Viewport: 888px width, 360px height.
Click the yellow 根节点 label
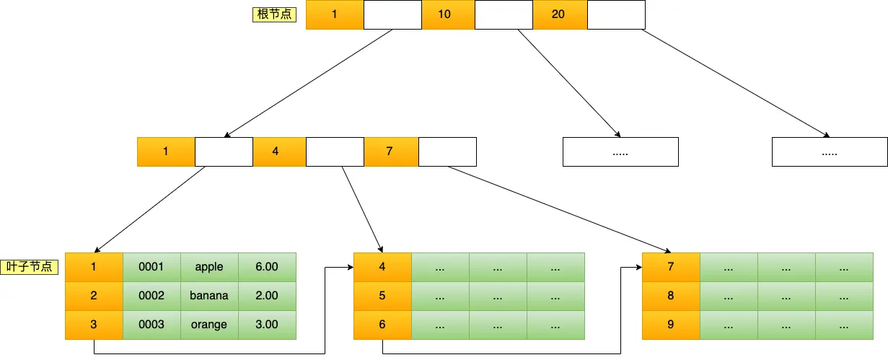pyautogui.click(x=274, y=14)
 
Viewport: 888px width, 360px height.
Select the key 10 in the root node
pyautogui.click(x=444, y=14)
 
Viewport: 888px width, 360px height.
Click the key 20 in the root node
pyautogui.click(x=558, y=14)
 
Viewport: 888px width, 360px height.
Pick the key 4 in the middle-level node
pyautogui.click(x=276, y=152)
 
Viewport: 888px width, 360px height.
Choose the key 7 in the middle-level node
pyautogui.click(x=390, y=152)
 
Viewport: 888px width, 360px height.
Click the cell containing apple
pyautogui.click(x=209, y=267)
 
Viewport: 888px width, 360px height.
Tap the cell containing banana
pyautogui.click(x=209, y=296)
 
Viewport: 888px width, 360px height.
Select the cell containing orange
pyautogui.click(x=209, y=325)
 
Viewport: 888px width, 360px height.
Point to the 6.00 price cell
pyautogui.click(x=267, y=267)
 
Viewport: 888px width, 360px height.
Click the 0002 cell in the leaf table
pyautogui.click(x=151, y=296)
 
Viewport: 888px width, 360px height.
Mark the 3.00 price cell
pyautogui.click(x=267, y=325)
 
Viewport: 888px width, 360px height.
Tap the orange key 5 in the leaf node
pyautogui.click(x=382, y=296)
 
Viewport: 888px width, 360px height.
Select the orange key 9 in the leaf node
pyautogui.click(x=671, y=325)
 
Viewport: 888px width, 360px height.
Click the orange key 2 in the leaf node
pyautogui.click(x=94, y=296)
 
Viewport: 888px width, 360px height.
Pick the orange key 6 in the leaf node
pyautogui.click(x=382, y=325)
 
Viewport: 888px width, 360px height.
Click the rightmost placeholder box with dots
pyautogui.click(x=830, y=152)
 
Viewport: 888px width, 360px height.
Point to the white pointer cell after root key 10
pyautogui.click(x=504, y=14)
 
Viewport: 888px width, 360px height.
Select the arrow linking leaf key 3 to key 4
pyautogui.click(x=216, y=354)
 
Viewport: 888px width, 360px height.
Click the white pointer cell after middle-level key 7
pyautogui.click(x=447, y=152)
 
